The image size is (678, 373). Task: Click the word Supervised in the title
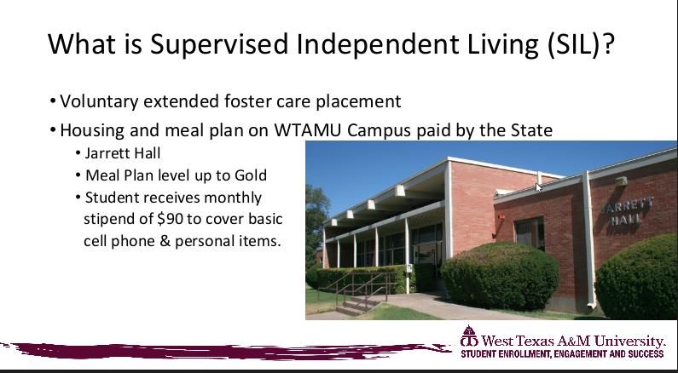(x=219, y=43)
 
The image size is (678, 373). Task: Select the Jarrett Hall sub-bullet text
(x=123, y=153)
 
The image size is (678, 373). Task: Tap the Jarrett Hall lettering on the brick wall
(x=627, y=211)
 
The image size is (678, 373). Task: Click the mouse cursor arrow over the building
(x=538, y=187)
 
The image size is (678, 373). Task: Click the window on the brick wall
(x=530, y=233)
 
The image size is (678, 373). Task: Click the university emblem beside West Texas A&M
(x=469, y=336)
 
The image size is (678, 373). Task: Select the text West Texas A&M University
(x=573, y=341)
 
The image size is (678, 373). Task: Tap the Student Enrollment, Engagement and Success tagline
(x=562, y=354)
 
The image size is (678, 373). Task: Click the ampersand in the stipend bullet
(x=165, y=241)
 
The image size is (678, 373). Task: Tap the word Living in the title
(x=502, y=44)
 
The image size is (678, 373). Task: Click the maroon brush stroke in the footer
(x=225, y=351)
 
